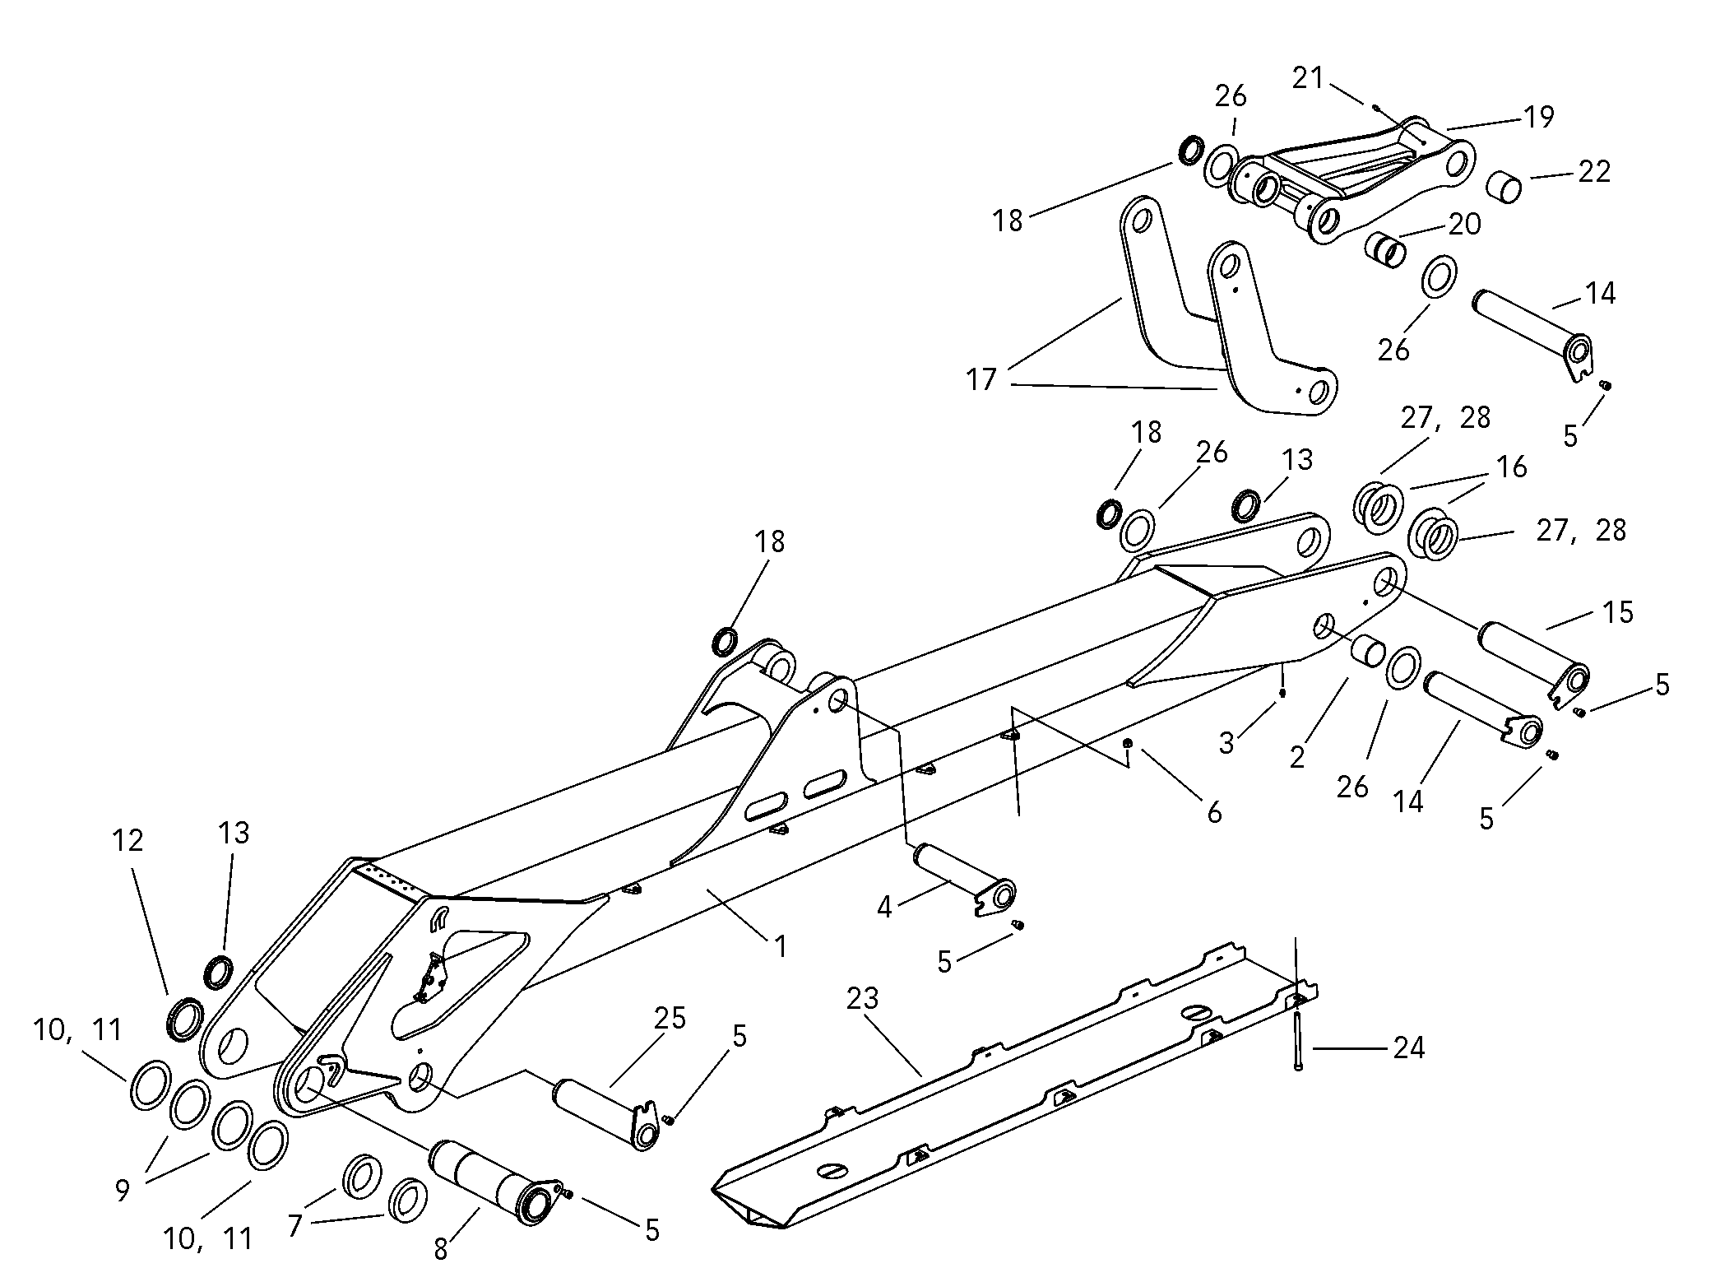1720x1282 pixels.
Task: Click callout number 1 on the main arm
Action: (x=780, y=946)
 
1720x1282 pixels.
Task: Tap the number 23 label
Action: (x=863, y=1000)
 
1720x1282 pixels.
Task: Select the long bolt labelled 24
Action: (x=1298, y=1041)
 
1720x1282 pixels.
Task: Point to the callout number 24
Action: (x=1408, y=1048)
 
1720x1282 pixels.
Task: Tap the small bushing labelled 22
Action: (x=1503, y=184)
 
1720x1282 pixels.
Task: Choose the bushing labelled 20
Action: (x=1384, y=249)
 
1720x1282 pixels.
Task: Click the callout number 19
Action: (x=1537, y=118)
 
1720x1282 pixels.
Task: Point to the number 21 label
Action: (x=1308, y=79)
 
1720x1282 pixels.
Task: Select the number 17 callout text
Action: (x=981, y=379)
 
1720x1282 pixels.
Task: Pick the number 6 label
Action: (x=1214, y=813)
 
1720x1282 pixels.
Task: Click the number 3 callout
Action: (x=1226, y=743)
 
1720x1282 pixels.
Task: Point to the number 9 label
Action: (x=123, y=1190)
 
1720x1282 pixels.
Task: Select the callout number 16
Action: (x=1511, y=467)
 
